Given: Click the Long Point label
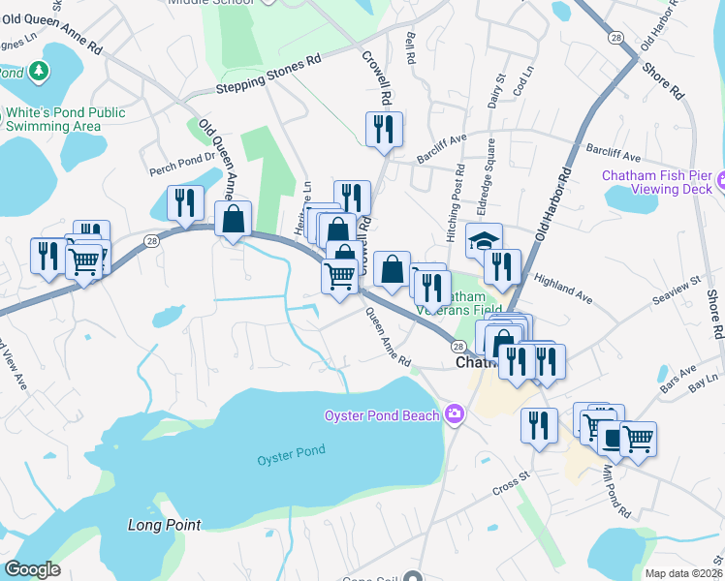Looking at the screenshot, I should point(164,525).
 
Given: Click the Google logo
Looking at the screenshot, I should point(32,569).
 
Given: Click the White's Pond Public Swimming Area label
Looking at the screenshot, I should point(66,119).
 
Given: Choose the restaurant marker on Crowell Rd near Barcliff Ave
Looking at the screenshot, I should point(384,130).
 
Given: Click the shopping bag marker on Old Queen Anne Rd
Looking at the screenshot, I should point(234,220).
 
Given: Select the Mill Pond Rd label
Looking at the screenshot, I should point(615,495).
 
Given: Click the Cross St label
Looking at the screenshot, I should point(512,476).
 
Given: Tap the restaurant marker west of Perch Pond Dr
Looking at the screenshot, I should point(182,203).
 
